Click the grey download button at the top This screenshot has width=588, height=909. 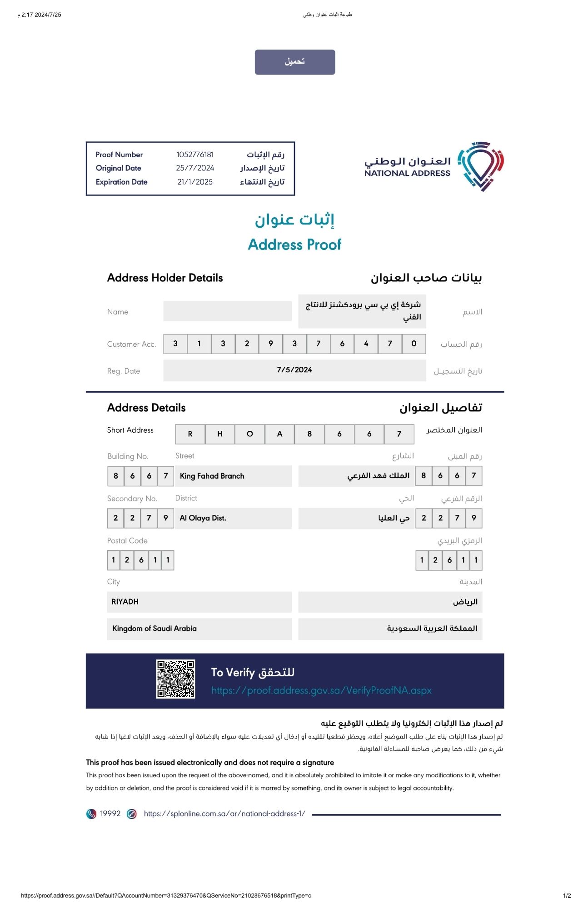click(294, 62)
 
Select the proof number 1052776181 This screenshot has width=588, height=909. click(195, 155)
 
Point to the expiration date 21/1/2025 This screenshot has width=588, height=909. click(195, 182)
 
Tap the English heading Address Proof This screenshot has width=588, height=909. click(294, 245)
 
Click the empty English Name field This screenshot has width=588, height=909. click(227, 311)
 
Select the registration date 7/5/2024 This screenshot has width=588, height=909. click(294, 370)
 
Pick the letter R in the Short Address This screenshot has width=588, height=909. click(190, 434)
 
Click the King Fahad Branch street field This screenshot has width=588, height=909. click(233, 476)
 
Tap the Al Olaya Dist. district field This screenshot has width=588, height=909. click(233, 518)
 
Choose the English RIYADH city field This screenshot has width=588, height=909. click(199, 602)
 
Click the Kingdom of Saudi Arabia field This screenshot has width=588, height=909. click(199, 629)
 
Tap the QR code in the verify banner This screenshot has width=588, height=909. click(176, 679)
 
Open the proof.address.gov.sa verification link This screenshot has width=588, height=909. click(321, 691)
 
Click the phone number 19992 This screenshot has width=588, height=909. click(110, 814)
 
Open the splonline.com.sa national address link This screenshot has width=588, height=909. click(224, 814)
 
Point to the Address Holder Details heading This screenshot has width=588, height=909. click(165, 278)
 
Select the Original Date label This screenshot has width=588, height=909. click(119, 168)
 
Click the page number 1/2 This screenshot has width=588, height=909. click(567, 896)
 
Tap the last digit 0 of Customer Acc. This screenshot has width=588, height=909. click(414, 344)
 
